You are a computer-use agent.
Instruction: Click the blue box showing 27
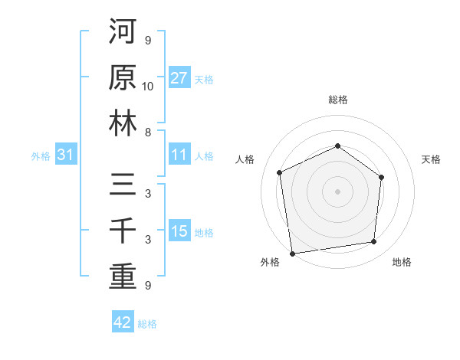(179, 78)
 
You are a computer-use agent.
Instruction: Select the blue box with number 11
(179, 155)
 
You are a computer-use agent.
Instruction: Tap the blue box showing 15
(179, 231)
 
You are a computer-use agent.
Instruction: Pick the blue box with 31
(66, 155)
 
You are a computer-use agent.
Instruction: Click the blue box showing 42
(123, 322)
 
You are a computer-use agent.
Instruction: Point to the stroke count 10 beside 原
(148, 87)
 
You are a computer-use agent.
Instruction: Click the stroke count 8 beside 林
(148, 132)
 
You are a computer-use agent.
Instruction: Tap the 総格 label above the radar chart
(338, 100)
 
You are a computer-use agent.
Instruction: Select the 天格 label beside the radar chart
(432, 159)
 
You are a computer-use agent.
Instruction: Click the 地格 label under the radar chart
(402, 262)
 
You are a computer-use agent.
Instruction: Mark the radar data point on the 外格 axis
(292, 253)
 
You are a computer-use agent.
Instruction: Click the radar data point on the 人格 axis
(280, 172)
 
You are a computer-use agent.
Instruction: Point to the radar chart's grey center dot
(337, 191)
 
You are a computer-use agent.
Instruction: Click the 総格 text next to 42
(147, 324)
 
